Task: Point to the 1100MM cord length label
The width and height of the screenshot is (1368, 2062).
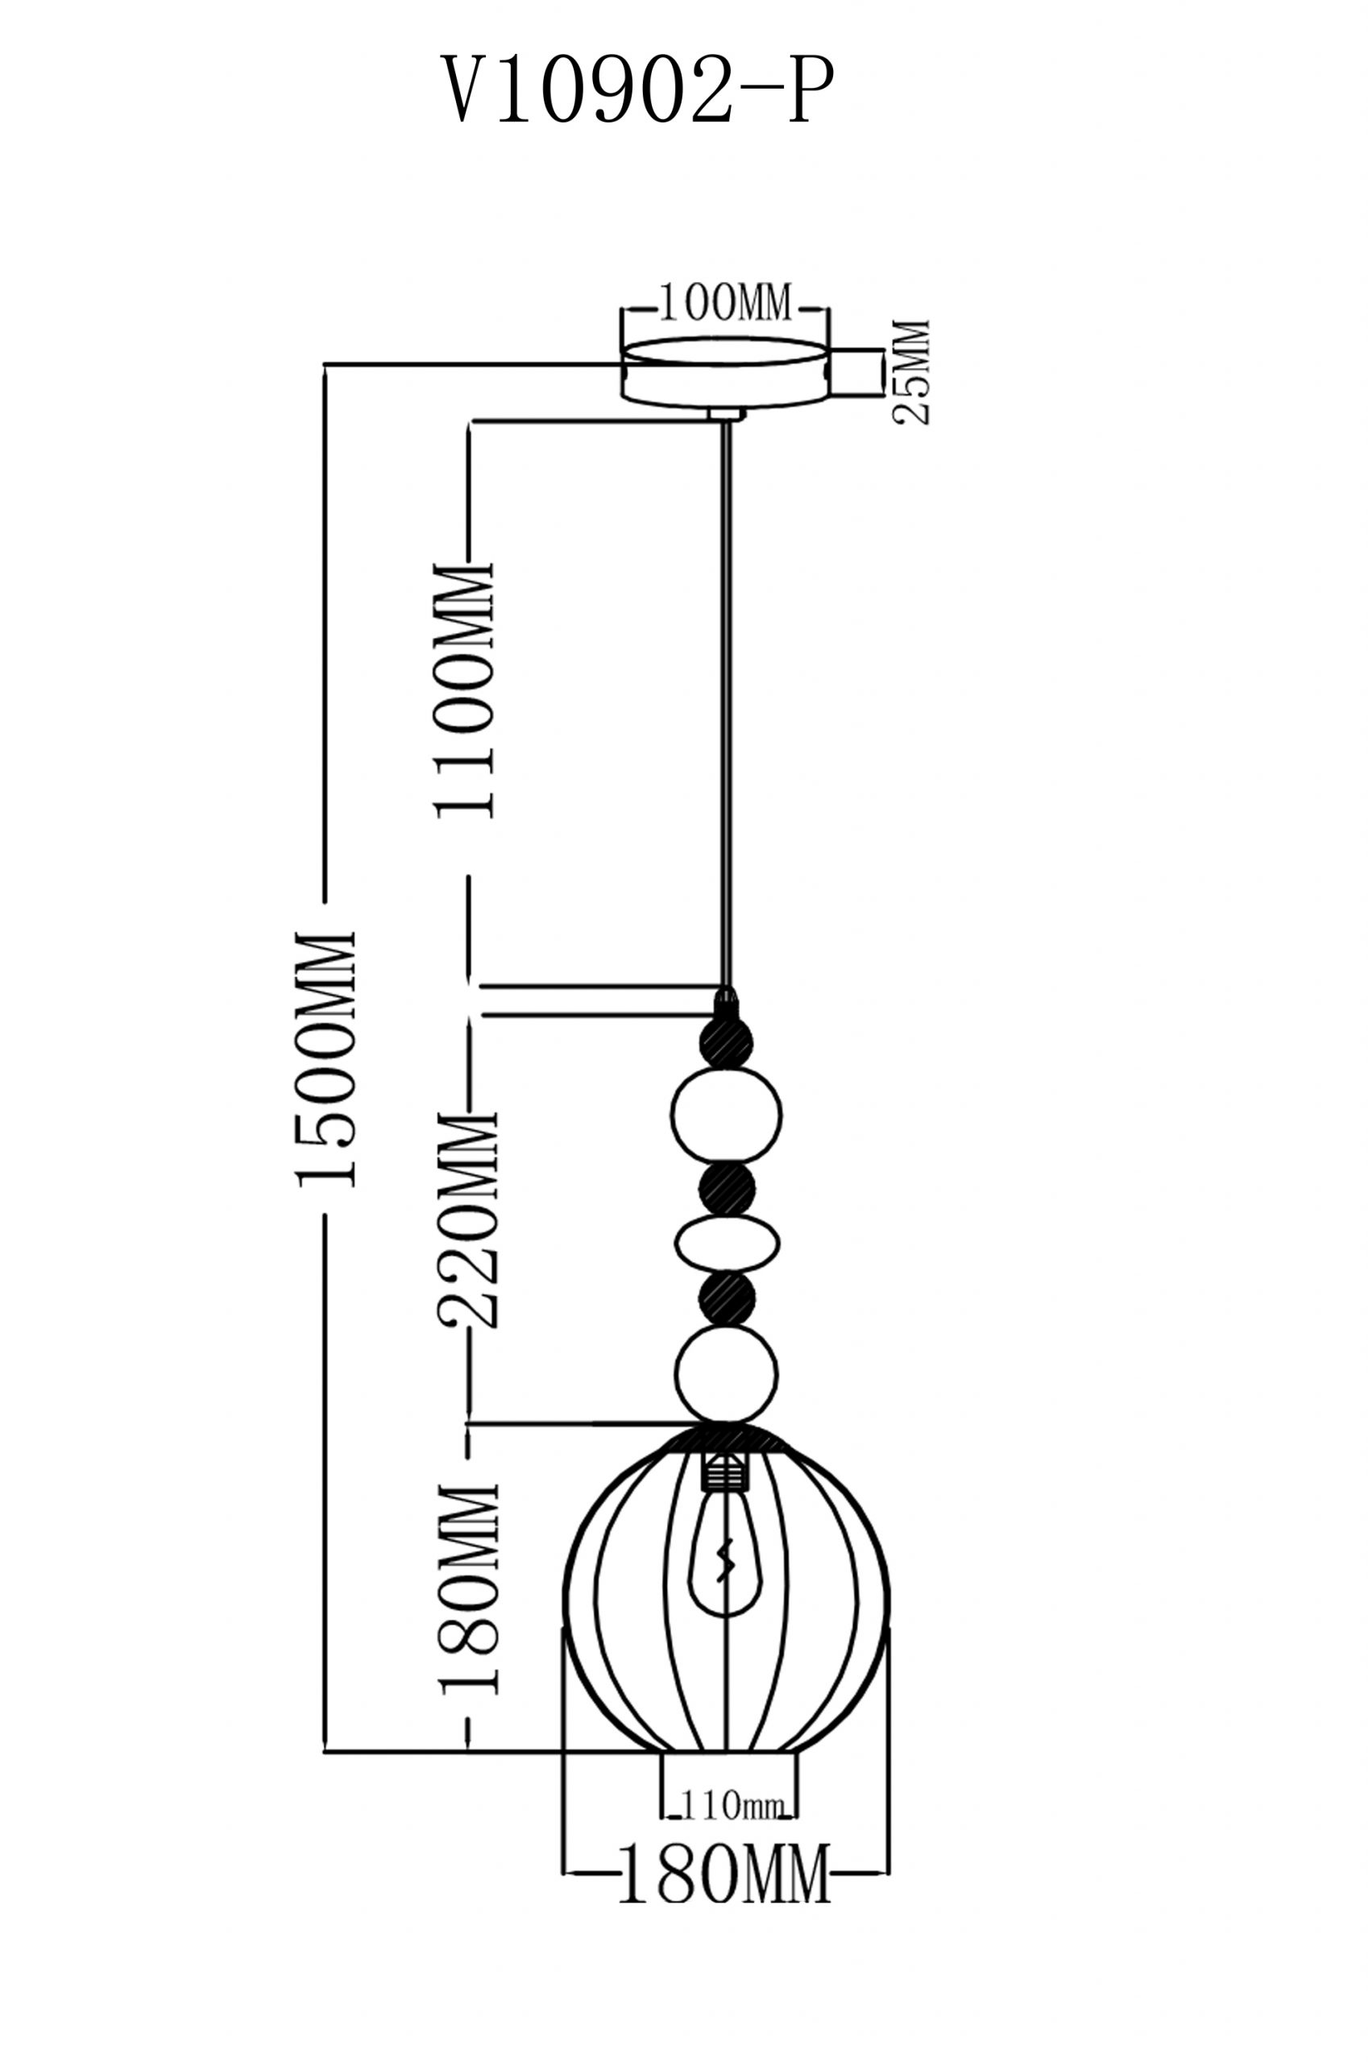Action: pyautogui.click(x=465, y=691)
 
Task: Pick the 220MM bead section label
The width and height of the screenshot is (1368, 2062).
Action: pyautogui.click(x=469, y=1219)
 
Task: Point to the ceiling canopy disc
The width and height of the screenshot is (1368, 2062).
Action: pyautogui.click(x=724, y=373)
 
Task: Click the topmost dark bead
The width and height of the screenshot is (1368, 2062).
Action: pyautogui.click(x=726, y=1043)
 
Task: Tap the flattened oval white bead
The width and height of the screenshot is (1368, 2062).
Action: pyautogui.click(x=727, y=1243)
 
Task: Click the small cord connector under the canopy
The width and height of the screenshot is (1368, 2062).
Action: pyautogui.click(x=726, y=414)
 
